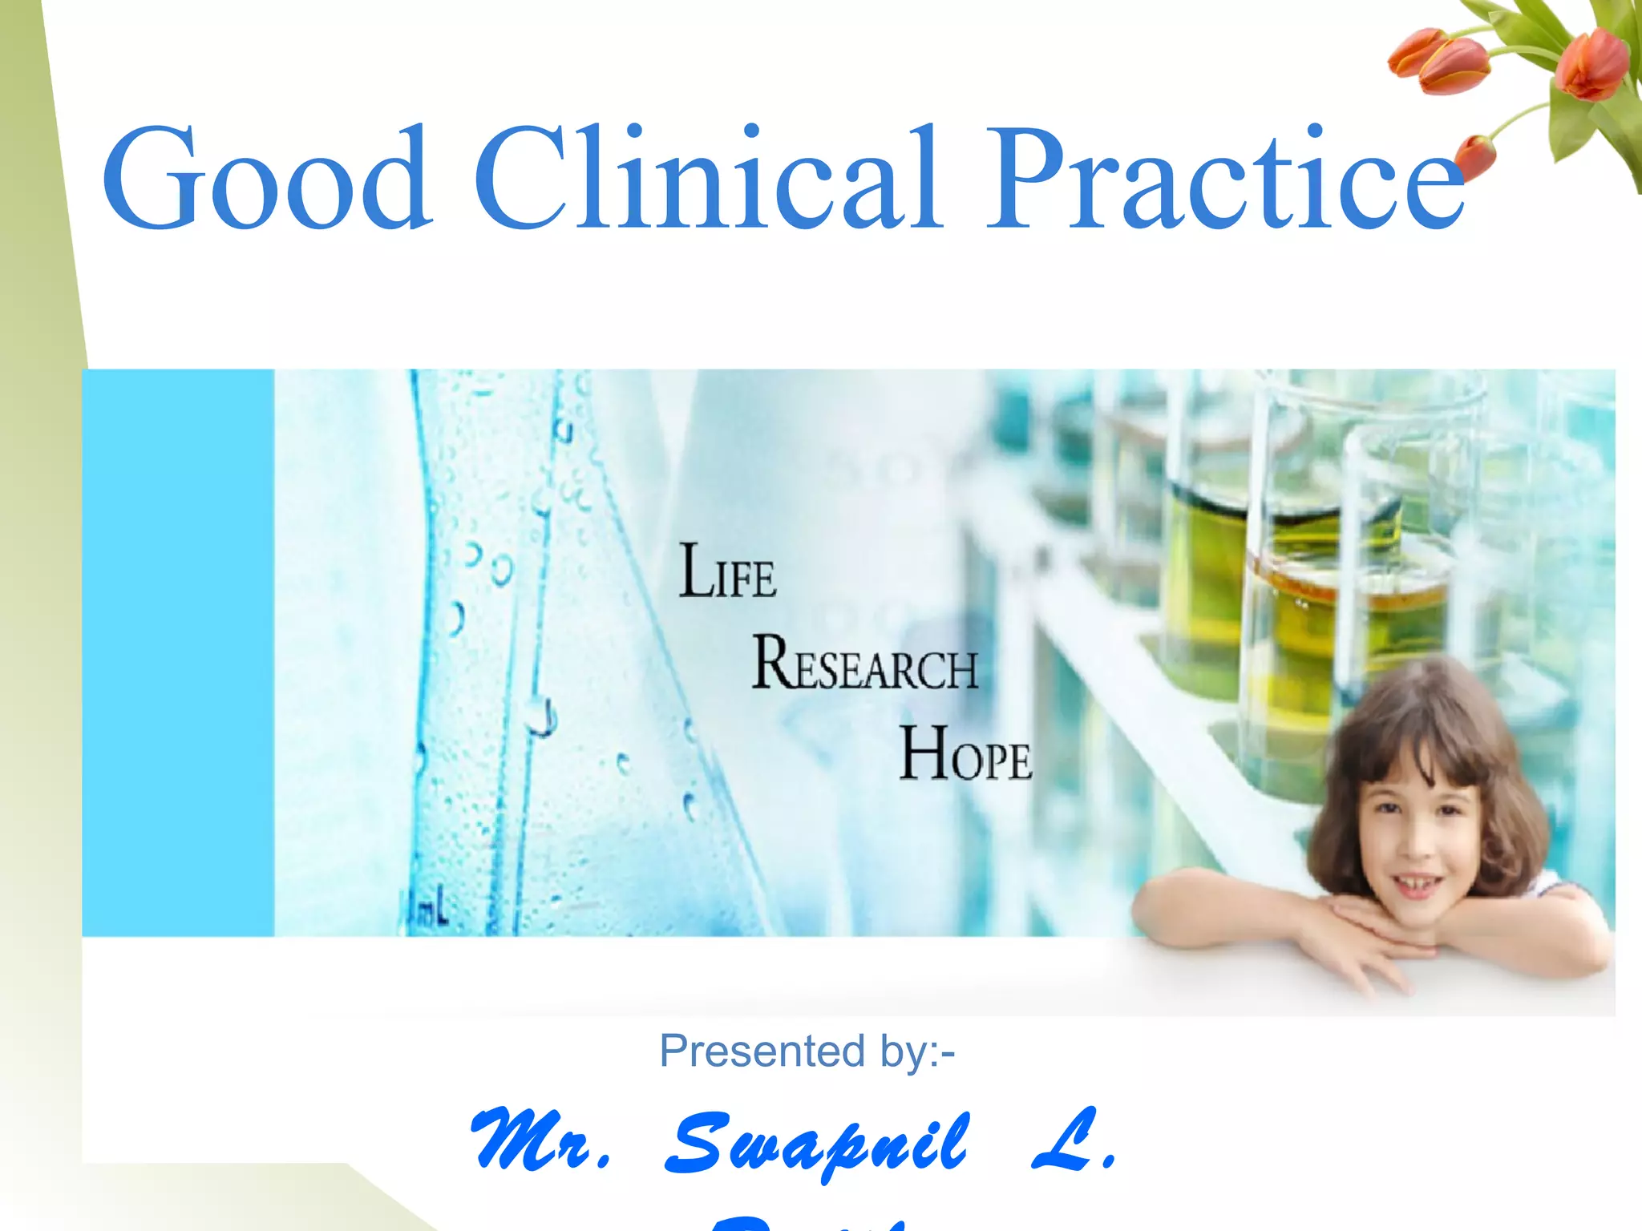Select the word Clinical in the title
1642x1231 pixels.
(x=710, y=178)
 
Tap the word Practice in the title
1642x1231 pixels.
(x=1223, y=178)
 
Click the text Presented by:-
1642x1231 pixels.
(x=807, y=1051)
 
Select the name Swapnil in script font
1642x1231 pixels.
(x=818, y=1142)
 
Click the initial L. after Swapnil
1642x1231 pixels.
(x=1074, y=1138)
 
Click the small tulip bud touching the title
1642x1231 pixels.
(x=1475, y=156)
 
